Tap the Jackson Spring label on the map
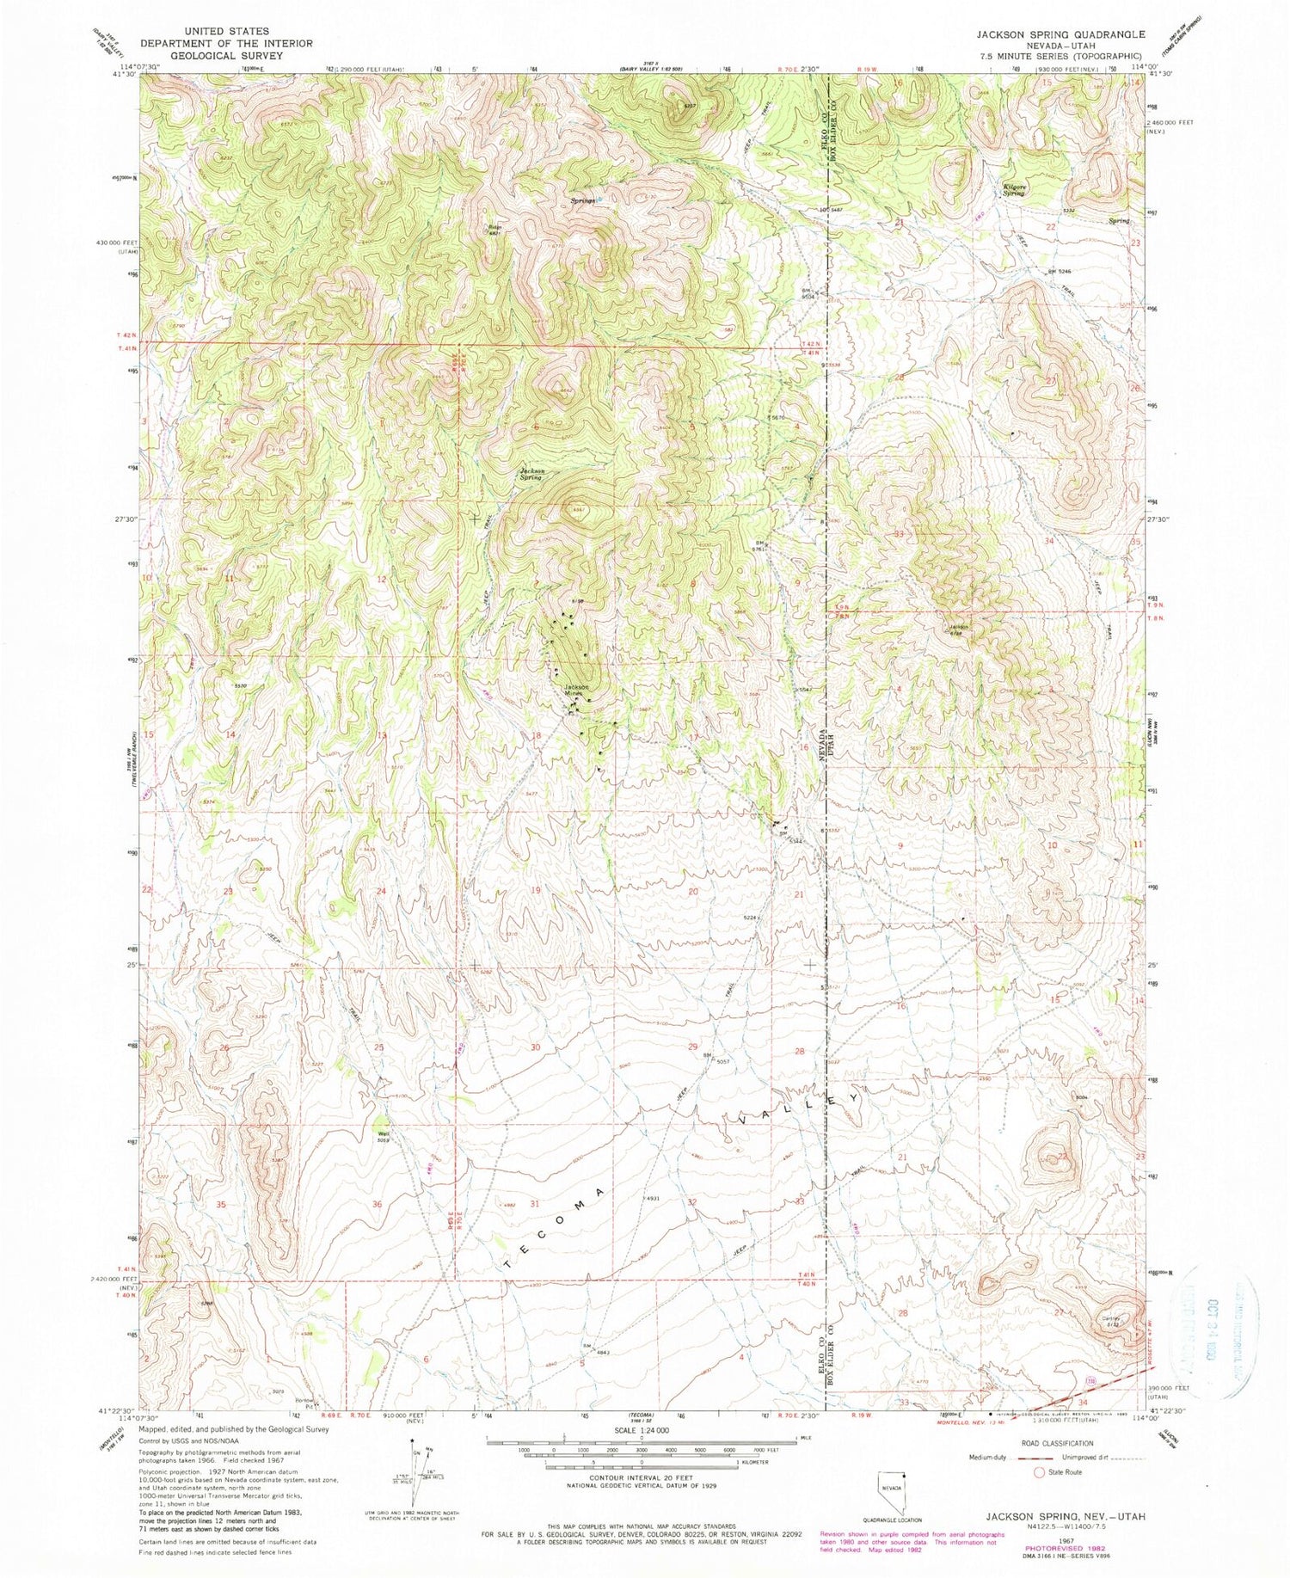tap(530, 473)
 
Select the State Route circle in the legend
tap(1040, 1472)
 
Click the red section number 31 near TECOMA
tap(534, 1204)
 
